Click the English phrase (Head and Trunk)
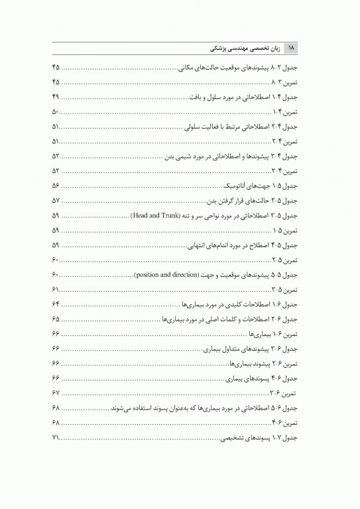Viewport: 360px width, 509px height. pos(152,216)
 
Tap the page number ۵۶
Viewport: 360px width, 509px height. pos(55,186)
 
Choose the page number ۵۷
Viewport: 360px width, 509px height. pos(55,201)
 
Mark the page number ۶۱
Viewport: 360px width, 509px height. pos(55,290)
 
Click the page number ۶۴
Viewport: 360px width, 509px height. pos(55,304)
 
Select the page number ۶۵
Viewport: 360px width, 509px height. pos(55,319)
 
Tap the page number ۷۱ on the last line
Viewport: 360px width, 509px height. pos(55,438)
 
